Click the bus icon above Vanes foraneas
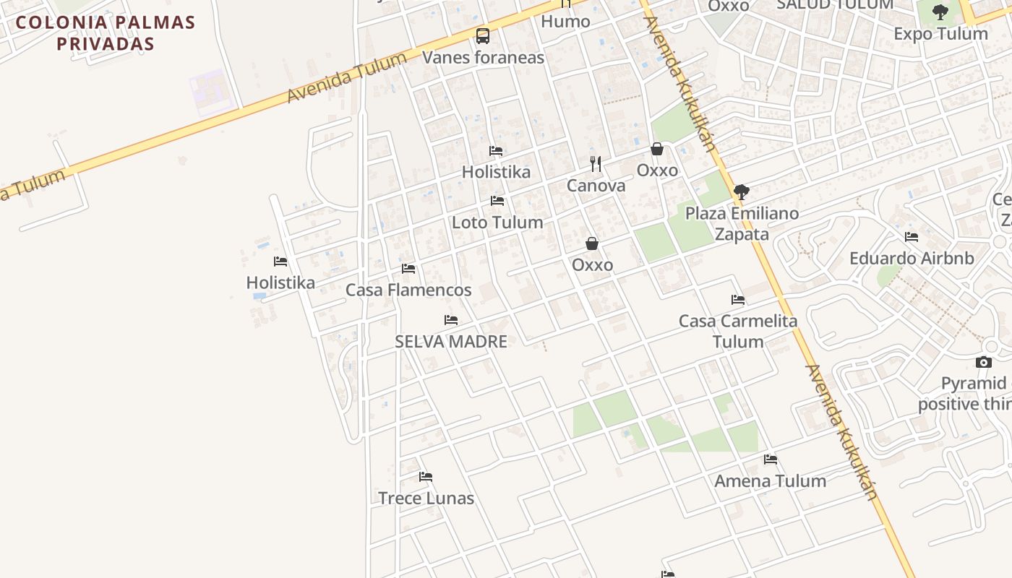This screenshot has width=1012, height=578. [x=482, y=35]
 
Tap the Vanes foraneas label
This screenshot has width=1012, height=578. [x=483, y=58]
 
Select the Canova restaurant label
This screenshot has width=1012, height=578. [x=596, y=186]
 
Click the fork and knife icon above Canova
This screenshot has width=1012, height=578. [x=596, y=164]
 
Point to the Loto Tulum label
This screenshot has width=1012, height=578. [x=497, y=223]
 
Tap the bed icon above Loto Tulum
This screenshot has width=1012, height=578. [x=497, y=201]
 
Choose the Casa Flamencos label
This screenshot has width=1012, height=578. [x=408, y=290]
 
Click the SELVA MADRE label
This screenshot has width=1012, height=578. [x=451, y=342]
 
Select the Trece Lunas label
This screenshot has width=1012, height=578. [x=426, y=499]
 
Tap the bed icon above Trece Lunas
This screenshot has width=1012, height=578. [x=426, y=477]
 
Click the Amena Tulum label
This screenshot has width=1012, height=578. [x=770, y=481]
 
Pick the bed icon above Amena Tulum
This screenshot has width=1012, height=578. [x=771, y=460]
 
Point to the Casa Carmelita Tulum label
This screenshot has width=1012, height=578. [x=738, y=331]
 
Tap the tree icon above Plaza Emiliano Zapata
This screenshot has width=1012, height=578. [x=741, y=192]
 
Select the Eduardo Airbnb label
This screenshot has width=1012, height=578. [x=912, y=259]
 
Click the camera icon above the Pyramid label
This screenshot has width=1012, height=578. [x=984, y=362]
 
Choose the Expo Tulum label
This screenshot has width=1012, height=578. [x=940, y=34]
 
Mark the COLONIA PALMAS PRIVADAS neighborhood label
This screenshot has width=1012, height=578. [x=106, y=33]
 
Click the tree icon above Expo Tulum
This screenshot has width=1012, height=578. [x=940, y=12]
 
